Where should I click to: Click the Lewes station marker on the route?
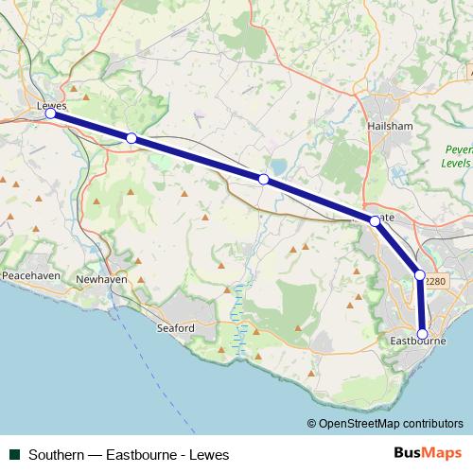(x=51, y=114)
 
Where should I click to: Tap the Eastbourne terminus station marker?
(x=423, y=334)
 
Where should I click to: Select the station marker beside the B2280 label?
(x=420, y=275)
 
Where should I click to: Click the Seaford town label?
(x=175, y=328)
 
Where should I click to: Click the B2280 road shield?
(x=436, y=281)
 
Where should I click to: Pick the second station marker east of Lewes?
(x=264, y=179)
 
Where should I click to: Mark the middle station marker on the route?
(x=264, y=179)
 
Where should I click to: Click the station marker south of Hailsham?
(x=375, y=221)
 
